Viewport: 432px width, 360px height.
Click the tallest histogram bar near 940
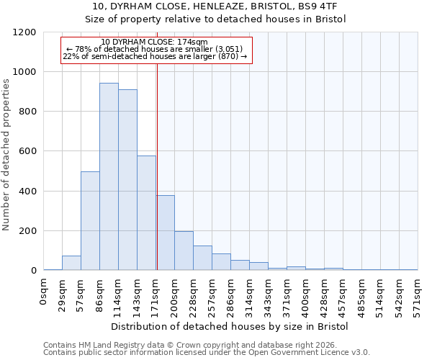(109, 176)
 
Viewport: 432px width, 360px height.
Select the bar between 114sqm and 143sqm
(127, 180)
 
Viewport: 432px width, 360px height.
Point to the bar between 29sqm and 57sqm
(71, 263)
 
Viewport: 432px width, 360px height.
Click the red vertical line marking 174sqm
(157, 166)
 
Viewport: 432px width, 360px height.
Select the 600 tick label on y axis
(27, 151)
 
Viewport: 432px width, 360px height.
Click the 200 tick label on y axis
(27, 231)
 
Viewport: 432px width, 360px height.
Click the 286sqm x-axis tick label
(230, 294)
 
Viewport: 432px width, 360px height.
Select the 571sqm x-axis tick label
(418, 294)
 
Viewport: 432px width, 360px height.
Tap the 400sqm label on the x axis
(305, 294)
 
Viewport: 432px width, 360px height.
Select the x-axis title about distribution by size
(230, 326)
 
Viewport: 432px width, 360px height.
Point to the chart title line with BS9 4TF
(215, 6)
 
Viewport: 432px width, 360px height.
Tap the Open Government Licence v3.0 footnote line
(206, 353)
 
